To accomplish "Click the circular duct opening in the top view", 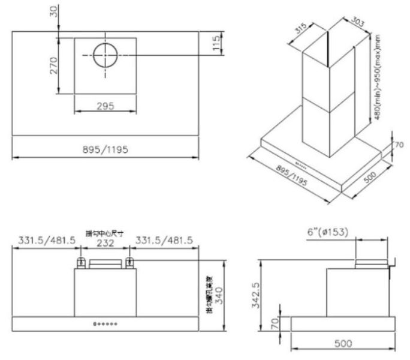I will tap(105, 55).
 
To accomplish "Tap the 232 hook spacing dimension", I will tap(105, 242).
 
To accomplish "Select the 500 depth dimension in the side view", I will tap(343, 344).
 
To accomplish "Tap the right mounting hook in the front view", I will tap(129, 262).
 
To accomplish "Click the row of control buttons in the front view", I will tap(105, 325).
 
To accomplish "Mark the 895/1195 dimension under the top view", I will tap(105, 149).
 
